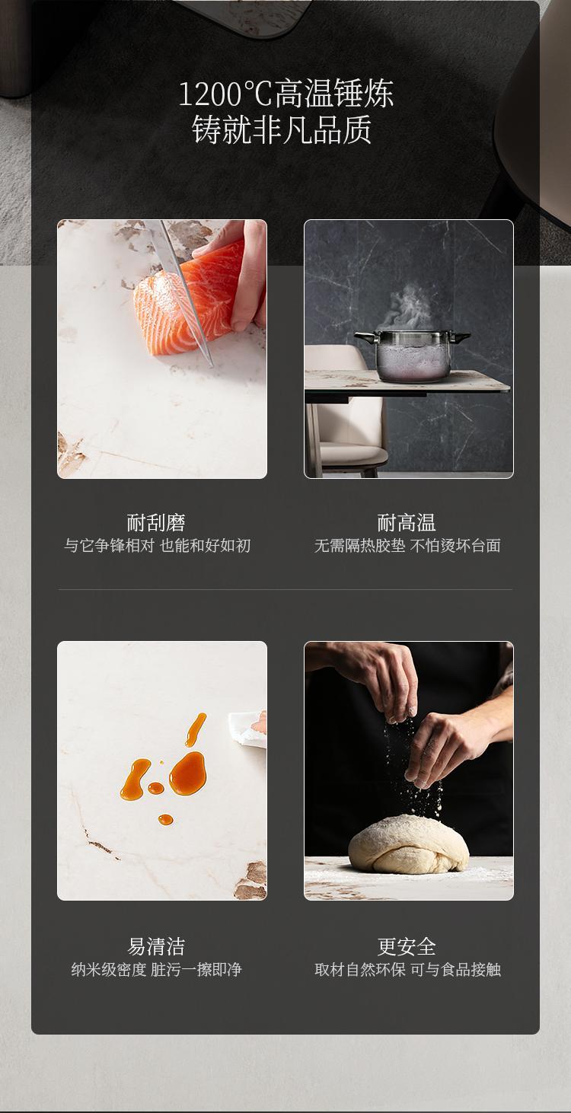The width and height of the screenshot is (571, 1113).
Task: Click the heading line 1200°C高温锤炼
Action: pos(285,94)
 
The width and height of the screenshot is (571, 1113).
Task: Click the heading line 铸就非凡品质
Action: pos(282,130)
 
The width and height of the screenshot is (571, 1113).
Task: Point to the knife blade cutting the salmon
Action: pos(184,293)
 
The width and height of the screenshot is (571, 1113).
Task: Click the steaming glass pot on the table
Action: pos(413,356)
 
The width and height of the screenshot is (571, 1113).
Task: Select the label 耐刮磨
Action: pos(156,522)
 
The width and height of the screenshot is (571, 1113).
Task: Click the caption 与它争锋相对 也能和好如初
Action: pos(157,546)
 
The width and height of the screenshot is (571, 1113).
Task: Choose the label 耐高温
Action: pos(407,522)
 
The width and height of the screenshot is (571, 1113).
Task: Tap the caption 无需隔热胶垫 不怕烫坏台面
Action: pos(407,546)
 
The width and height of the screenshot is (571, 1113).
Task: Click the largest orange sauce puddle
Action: pos(188,773)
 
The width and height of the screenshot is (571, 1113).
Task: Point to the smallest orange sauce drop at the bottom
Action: pos(165,819)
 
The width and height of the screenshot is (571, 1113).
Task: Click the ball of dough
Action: pos(409,845)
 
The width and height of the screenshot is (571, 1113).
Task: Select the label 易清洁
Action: pos(156,946)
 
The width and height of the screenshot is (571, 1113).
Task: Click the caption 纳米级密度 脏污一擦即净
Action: pos(157,969)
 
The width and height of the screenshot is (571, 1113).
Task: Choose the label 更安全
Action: pos(407,946)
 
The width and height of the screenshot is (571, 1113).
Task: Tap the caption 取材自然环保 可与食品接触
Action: pos(407,969)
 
